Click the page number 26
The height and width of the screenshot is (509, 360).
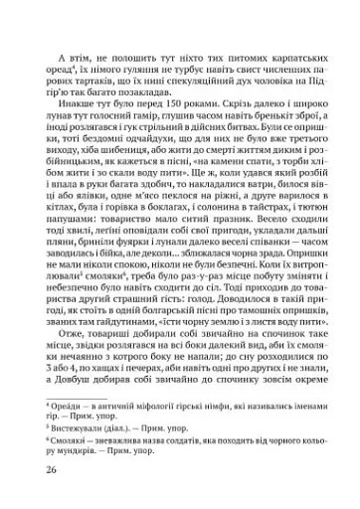pyautogui.click(x=39, y=469)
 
